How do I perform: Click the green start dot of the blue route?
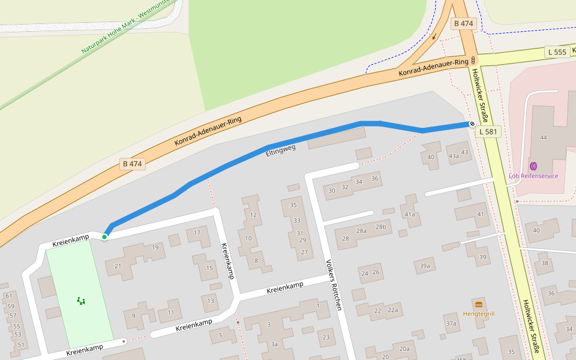click(x=104, y=237)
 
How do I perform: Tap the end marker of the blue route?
click(x=472, y=124)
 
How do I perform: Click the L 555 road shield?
click(x=557, y=52)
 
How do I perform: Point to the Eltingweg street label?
click(x=281, y=149)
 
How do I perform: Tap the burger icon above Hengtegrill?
click(x=478, y=304)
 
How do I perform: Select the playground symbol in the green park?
click(x=81, y=301)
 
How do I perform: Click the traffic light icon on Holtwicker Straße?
click(x=473, y=61)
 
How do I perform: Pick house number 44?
click(x=544, y=137)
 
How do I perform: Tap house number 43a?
click(x=454, y=156)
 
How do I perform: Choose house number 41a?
click(x=410, y=214)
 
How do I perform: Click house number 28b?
click(x=380, y=227)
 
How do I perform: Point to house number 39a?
click(x=425, y=266)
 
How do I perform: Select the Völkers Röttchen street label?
click(x=333, y=284)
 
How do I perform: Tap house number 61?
click(x=9, y=296)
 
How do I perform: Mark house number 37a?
click(x=451, y=323)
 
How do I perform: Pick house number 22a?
click(x=392, y=310)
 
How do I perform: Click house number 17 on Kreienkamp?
click(x=197, y=233)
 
